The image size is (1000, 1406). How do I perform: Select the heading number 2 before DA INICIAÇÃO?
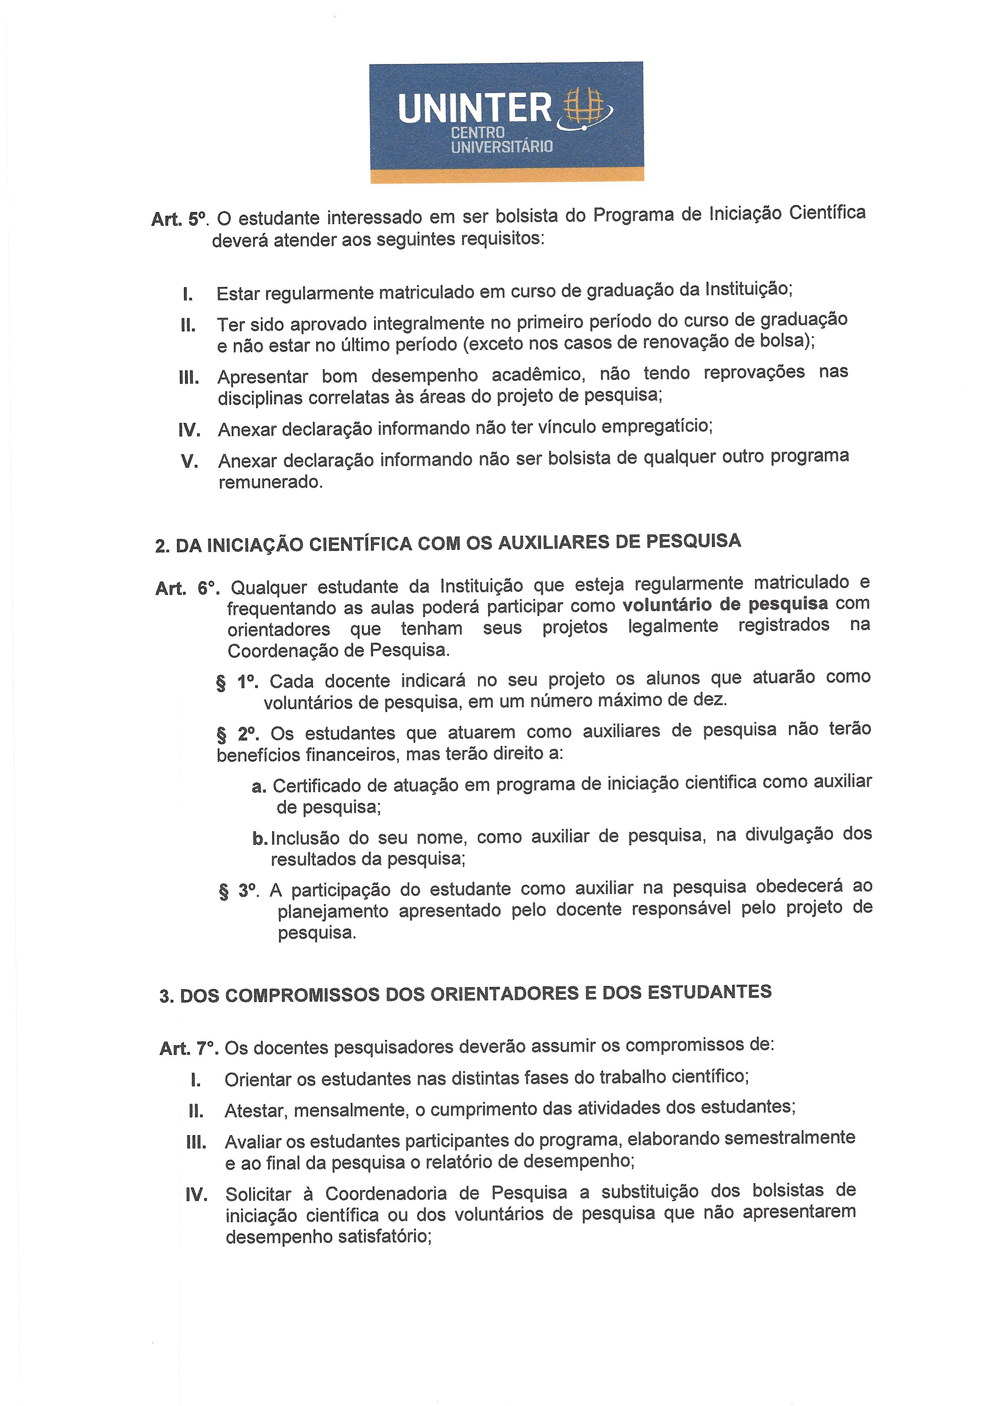point(161,547)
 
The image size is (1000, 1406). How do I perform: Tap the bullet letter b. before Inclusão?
point(259,838)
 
